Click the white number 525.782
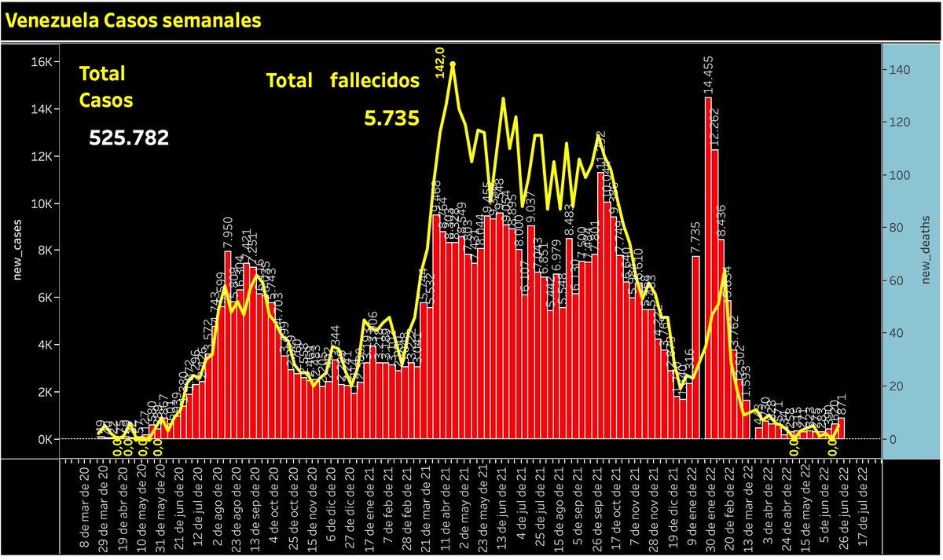[129, 138]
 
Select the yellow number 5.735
[391, 118]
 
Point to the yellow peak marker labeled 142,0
[453, 64]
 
